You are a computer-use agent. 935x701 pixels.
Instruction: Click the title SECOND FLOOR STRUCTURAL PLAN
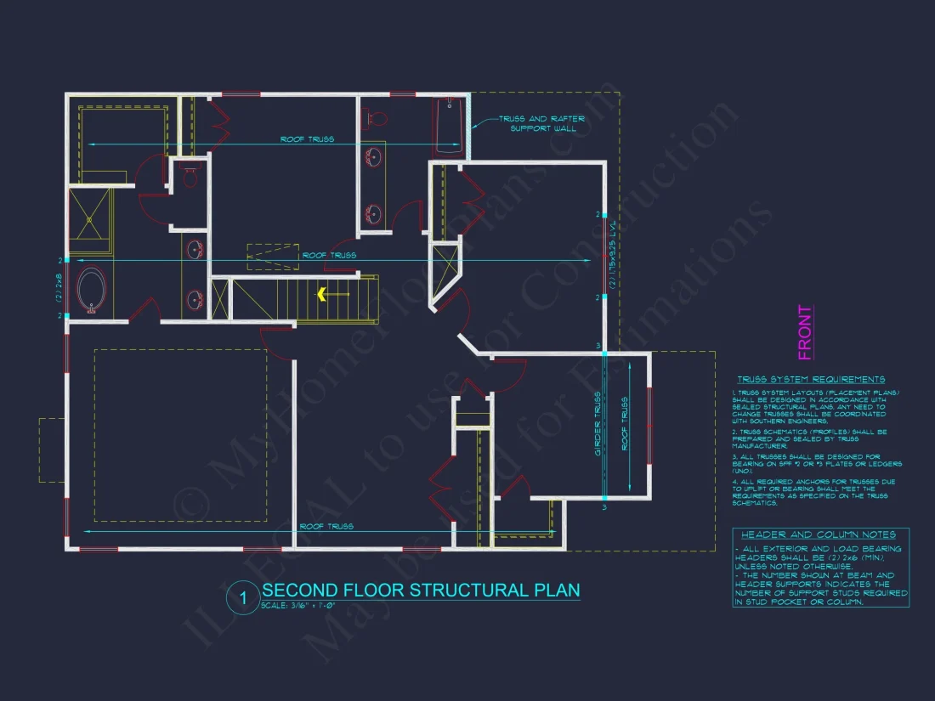pyautogui.click(x=421, y=590)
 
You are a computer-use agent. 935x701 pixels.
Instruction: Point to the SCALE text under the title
pyautogui.click(x=298, y=605)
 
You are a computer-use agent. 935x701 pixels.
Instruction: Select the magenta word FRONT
pyautogui.click(x=804, y=332)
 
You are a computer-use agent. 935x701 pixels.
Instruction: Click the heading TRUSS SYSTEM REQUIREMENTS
pyautogui.click(x=810, y=379)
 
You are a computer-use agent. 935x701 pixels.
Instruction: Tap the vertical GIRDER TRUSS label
pyautogui.click(x=598, y=425)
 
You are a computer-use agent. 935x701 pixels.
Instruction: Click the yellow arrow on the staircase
pyautogui.click(x=323, y=295)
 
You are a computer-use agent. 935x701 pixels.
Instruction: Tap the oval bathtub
pyautogui.click(x=92, y=291)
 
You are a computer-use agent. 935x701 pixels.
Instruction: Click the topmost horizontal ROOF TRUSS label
pyautogui.click(x=307, y=139)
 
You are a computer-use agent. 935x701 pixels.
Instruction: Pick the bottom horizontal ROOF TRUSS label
pyautogui.click(x=326, y=527)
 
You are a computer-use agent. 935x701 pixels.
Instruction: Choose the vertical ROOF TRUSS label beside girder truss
pyautogui.click(x=626, y=441)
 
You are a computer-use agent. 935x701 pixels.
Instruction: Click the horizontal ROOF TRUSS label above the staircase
pyautogui.click(x=329, y=255)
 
